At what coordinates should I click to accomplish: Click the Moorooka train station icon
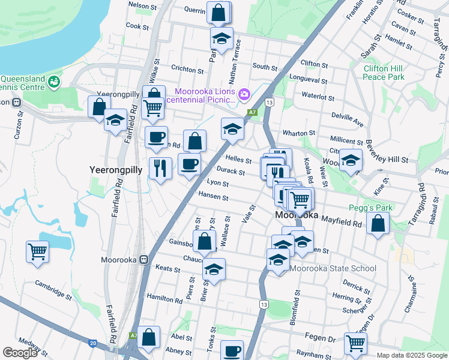tap(143, 260)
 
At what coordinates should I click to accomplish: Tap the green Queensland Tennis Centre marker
tap(55, 80)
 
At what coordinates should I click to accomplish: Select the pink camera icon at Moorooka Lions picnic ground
tap(244, 94)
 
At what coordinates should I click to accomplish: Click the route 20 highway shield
tap(92, 343)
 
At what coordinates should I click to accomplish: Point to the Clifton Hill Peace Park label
tap(384, 73)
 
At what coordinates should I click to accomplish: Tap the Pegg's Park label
tap(370, 208)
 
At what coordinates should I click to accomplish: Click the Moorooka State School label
tap(333, 269)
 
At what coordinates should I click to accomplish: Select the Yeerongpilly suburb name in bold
tap(115, 170)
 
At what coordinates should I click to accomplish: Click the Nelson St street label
tap(142, 5)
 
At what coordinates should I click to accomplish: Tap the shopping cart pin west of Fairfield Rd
tap(37, 251)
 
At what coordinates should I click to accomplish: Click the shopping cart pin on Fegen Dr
tap(355, 343)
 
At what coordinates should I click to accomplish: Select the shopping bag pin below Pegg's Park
tap(378, 224)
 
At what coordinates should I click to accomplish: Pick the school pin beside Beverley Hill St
tap(351, 160)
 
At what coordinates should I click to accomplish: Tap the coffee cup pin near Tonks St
tap(232, 350)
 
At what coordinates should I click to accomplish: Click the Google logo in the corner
tap(20, 353)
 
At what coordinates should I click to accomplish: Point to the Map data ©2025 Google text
tap(411, 355)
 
